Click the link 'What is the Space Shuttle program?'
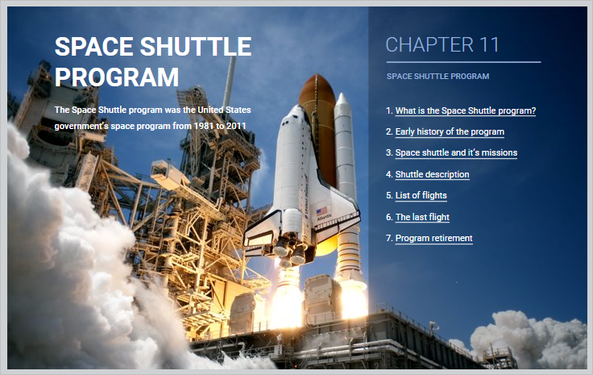tap(466, 110)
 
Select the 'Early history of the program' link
tap(450, 131)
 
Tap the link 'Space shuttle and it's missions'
tap(456, 152)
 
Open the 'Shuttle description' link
tap(433, 174)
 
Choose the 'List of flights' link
tap(421, 195)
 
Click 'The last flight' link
tap(422, 217)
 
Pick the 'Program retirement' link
tap(433, 238)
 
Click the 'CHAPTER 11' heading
tap(442, 44)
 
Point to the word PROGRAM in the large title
tap(117, 77)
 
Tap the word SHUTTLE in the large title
tap(196, 47)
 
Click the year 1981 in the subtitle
tap(204, 126)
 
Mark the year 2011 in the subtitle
tap(236, 126)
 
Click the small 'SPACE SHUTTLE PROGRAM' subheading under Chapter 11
tap(437, 77)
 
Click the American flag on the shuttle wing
tap(321, 211)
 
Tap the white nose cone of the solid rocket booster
tap(342, 99)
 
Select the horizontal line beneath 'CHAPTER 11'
tap(463, 62)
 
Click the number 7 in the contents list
tap(388, 238)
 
